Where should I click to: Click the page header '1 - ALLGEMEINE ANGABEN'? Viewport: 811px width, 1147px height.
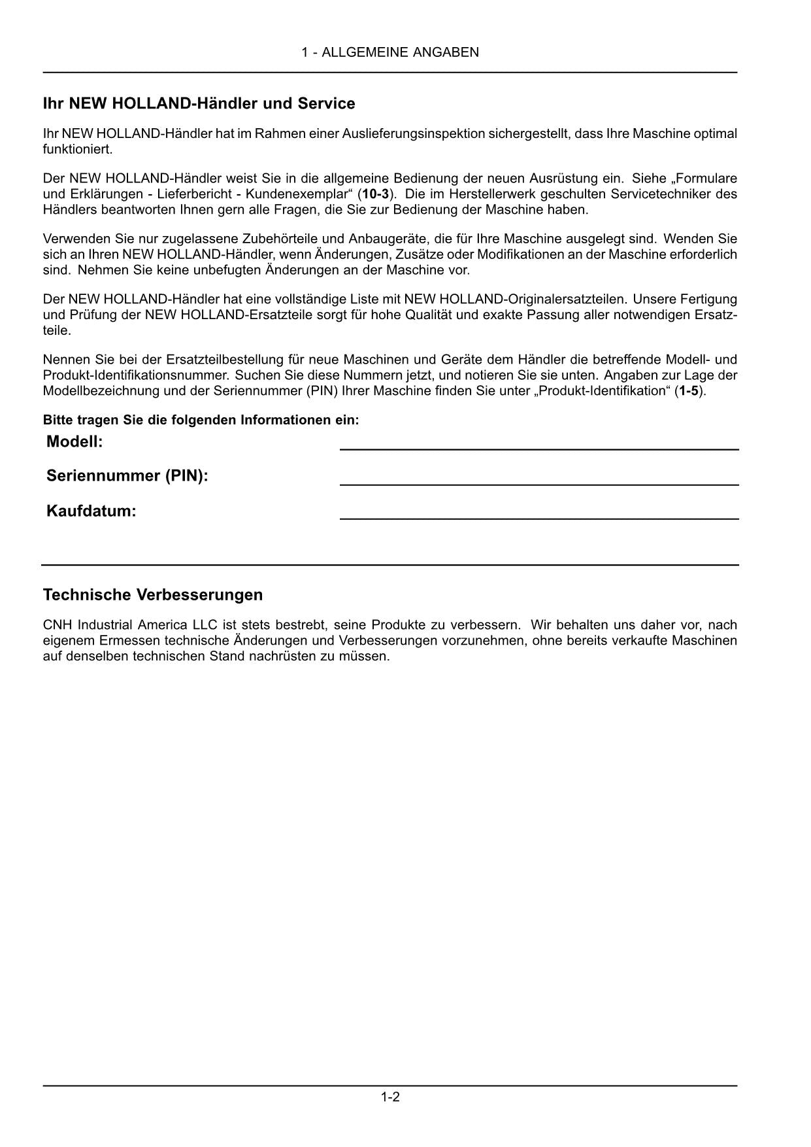390,52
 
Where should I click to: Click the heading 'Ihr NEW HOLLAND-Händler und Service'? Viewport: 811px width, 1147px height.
199,103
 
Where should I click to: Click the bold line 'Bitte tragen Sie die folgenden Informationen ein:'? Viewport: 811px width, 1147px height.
201,420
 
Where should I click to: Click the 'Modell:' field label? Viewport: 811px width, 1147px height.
74,442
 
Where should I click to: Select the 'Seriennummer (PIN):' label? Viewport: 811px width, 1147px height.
127,476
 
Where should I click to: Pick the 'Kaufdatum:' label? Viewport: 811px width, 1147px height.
91,511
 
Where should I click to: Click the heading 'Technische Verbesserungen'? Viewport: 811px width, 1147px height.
153,594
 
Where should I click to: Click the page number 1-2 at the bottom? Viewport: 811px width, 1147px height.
390,1097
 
